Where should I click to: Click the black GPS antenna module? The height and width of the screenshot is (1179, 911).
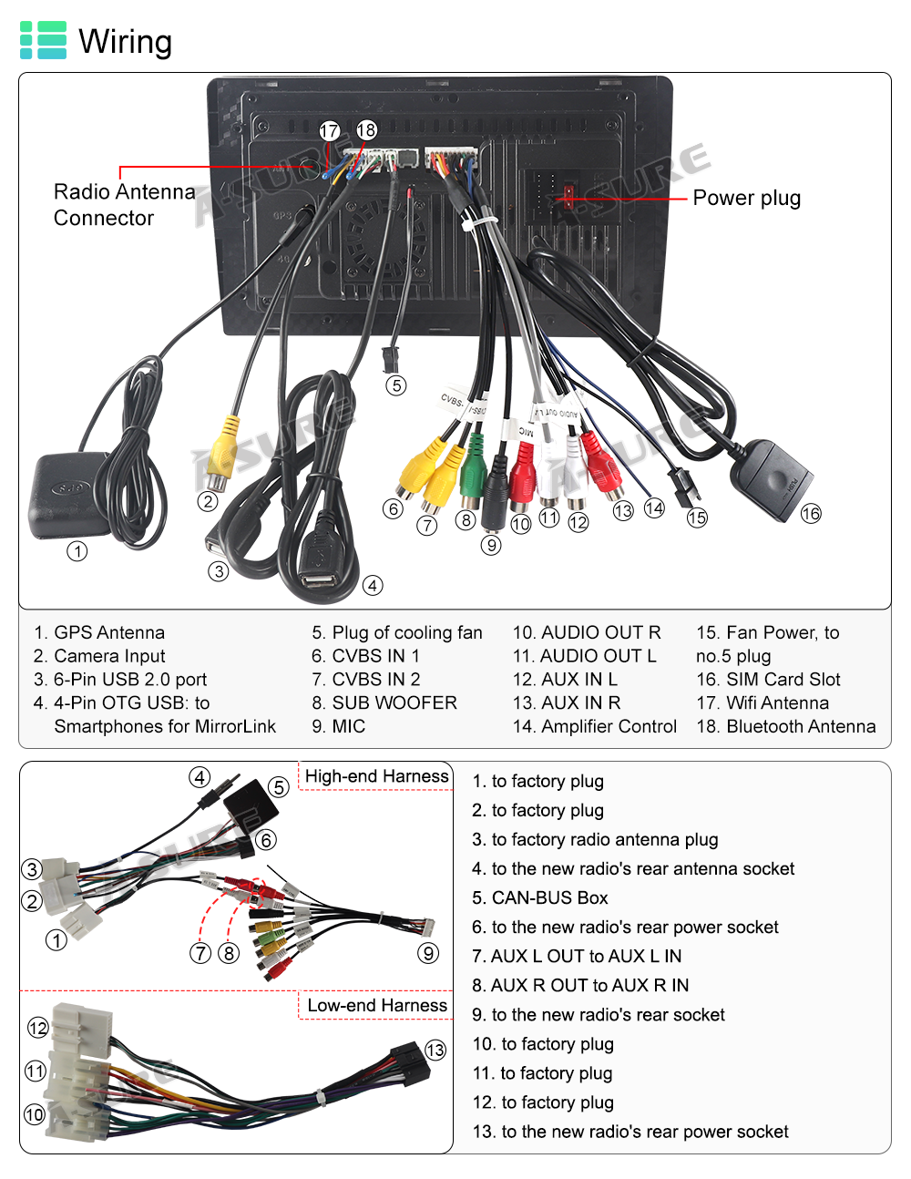(x=68, y=497)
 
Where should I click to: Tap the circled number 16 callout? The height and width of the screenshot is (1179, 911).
(x=811, y=514)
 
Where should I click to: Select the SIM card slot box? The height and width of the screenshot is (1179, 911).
(x=771, y=479)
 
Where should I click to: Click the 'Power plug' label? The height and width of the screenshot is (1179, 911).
(x=746, y=198)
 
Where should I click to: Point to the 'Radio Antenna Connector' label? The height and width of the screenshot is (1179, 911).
(x=123, y=205)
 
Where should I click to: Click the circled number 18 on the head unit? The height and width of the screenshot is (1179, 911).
(x=366, y=130)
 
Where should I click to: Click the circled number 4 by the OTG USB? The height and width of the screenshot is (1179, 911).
(x=373, y=586)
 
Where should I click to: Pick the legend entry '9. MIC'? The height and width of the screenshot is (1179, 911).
(x=338, y=726)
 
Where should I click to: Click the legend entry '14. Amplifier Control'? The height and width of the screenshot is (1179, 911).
(x=595, y=726)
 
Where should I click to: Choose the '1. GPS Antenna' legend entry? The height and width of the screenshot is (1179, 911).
(x=99, y=632)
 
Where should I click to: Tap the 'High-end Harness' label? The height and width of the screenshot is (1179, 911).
(x=376, y=776)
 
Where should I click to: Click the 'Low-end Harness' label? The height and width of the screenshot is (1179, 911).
(x=377, y=1005)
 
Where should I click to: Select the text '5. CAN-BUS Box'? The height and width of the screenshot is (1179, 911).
(x=540, y=897)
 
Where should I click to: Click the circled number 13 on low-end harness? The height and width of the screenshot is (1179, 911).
(x=436, y=1050)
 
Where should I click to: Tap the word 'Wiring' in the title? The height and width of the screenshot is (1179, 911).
(x=125, y=41)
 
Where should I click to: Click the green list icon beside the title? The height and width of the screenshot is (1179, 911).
(x=43, y=41)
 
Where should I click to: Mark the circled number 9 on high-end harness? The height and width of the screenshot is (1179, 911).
(x=428, y=953)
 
